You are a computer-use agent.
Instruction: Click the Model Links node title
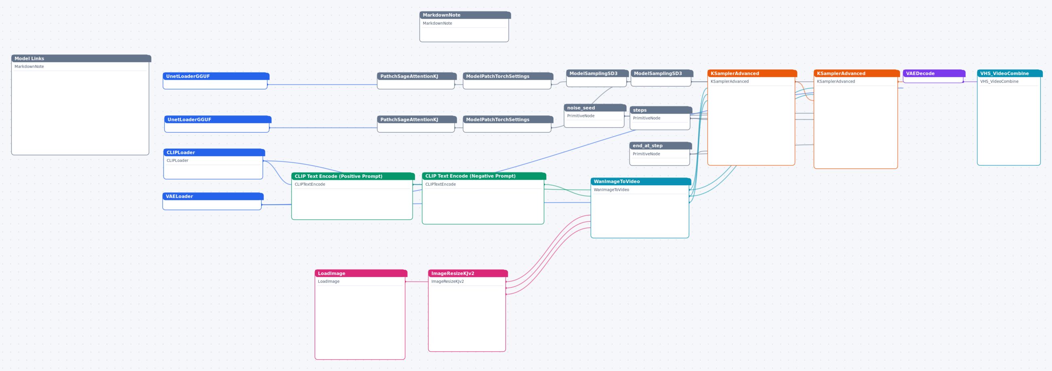click(x=30, y=59)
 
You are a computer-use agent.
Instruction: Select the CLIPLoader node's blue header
click(x=214, y=153)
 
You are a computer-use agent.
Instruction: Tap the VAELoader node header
click(x=213, y=196)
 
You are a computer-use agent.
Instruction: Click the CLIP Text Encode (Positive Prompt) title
click(x=339, y=176)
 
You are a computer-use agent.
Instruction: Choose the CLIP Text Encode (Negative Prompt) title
click(x=471, y=176)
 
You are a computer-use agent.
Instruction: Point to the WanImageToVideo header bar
click(x=641, y=182)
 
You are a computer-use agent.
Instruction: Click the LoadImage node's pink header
click(x=361, y=273)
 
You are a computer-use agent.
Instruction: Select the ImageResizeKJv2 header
click(x=468, y=273)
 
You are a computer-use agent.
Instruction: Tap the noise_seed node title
click(x=581, y=108)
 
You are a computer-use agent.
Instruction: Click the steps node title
click(x=640, y=110)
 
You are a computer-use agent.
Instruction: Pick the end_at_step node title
click(x=648, y=146)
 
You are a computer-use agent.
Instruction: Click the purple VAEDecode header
click(x=934, y=74)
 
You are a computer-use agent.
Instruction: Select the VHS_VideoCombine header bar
click(x=1010, y=74)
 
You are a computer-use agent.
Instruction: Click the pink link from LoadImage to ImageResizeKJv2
click(x=417, y=282)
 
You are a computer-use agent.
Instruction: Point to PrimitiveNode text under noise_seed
click(x=581, y=116)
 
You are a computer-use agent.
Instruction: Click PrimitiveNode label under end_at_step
click(x=646, y=154)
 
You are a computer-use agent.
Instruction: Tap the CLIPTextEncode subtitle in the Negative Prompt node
click(x=440, y=184)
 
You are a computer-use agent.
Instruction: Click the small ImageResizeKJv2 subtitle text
click(x=448, y=282)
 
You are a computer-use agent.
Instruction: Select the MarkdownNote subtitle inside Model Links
click(x=29, y=66)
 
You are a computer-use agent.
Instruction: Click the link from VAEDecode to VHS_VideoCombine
click(x=970, y=82)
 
